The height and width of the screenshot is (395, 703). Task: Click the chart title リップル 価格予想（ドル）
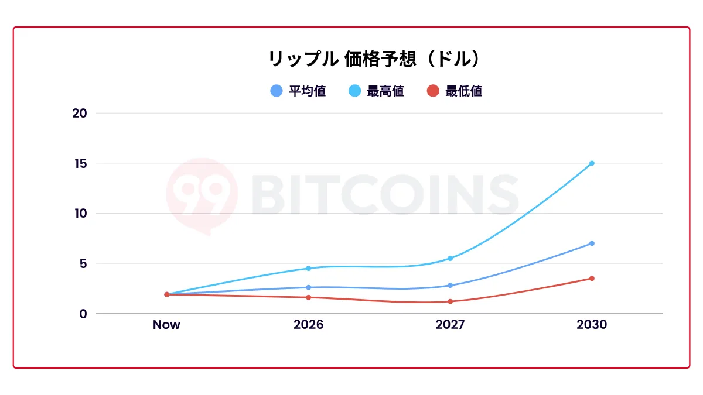pyautogui.click(x=374, y=59)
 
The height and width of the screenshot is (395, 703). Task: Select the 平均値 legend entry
pyautogui.click(x=298, y=91)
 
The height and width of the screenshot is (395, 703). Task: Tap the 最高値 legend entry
pyautogui.click(x=376, y=91)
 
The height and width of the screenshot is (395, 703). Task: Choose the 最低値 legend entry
pyautogui.click(x=454, y=91)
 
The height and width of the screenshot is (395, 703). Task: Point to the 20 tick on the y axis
pyautogui.click(x=79, y=113)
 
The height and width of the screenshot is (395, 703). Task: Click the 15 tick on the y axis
pyautogui.click(x=79, y=163)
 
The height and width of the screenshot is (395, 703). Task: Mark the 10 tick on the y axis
pyautogui.click(x=79, y=213)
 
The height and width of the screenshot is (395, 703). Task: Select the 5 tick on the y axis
pyautogui.click(x=83, y=263)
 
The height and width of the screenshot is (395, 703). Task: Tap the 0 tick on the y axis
pyautogui.click(x=83, y=314)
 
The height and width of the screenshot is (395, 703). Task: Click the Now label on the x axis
pyautogui.click(x=166, y=325)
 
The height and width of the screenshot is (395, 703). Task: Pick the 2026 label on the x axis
pyautogui.click(x=308, y=325)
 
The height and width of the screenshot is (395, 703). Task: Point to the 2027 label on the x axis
pyautogui.click(x=450, y=325)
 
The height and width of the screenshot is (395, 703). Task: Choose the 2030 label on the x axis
pyautogui.click(x=592, y=325)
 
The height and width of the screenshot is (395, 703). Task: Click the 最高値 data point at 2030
pyautogui.click(x=592, y=163)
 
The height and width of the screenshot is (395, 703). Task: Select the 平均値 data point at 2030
pyautogui.click(x=592, y=243)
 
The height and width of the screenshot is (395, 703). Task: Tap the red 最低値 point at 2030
pyautogui.click(x=592, y=279)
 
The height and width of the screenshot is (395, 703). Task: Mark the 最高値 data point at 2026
pyautogui.click(x=308, y=269)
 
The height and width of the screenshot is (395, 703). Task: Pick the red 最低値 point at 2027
pyautogui.click(x=450, y=301)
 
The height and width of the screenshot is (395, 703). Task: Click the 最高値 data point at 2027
pyautogui.click(x=450, y=259)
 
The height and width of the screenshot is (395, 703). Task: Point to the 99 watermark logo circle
pyautogui.click(x=202, y=193)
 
